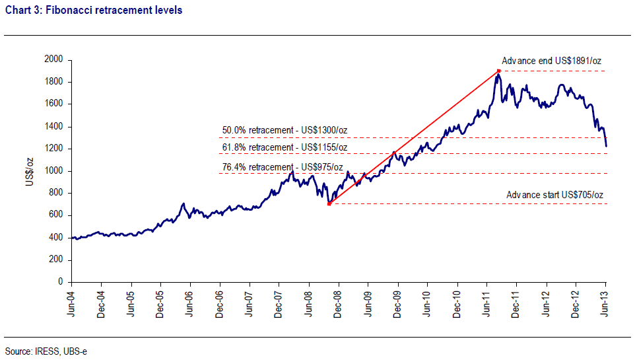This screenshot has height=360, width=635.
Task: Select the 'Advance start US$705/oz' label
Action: (x=554, y=195)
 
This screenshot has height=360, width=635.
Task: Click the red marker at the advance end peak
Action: (x=499, y=71)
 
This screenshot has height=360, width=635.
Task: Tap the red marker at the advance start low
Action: (x=329, y=203)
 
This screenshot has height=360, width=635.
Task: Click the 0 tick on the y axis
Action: (x=59, y=282)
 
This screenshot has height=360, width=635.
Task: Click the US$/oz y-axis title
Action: (x=30, y=170)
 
